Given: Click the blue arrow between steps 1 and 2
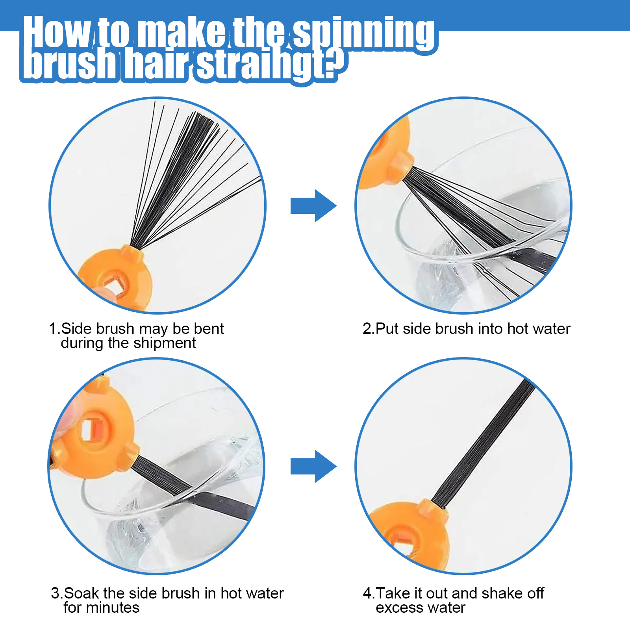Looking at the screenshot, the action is click(x=313, y=206).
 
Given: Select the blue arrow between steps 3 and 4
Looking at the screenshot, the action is click(x=313, y=466).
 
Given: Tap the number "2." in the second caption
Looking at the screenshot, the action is click(x=368, y=328).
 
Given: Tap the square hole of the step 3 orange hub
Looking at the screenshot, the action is click(x=91, y=429).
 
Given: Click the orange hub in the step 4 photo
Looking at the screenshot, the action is click(x=409, y=535).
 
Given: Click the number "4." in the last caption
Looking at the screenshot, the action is click(x=369, y=593).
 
